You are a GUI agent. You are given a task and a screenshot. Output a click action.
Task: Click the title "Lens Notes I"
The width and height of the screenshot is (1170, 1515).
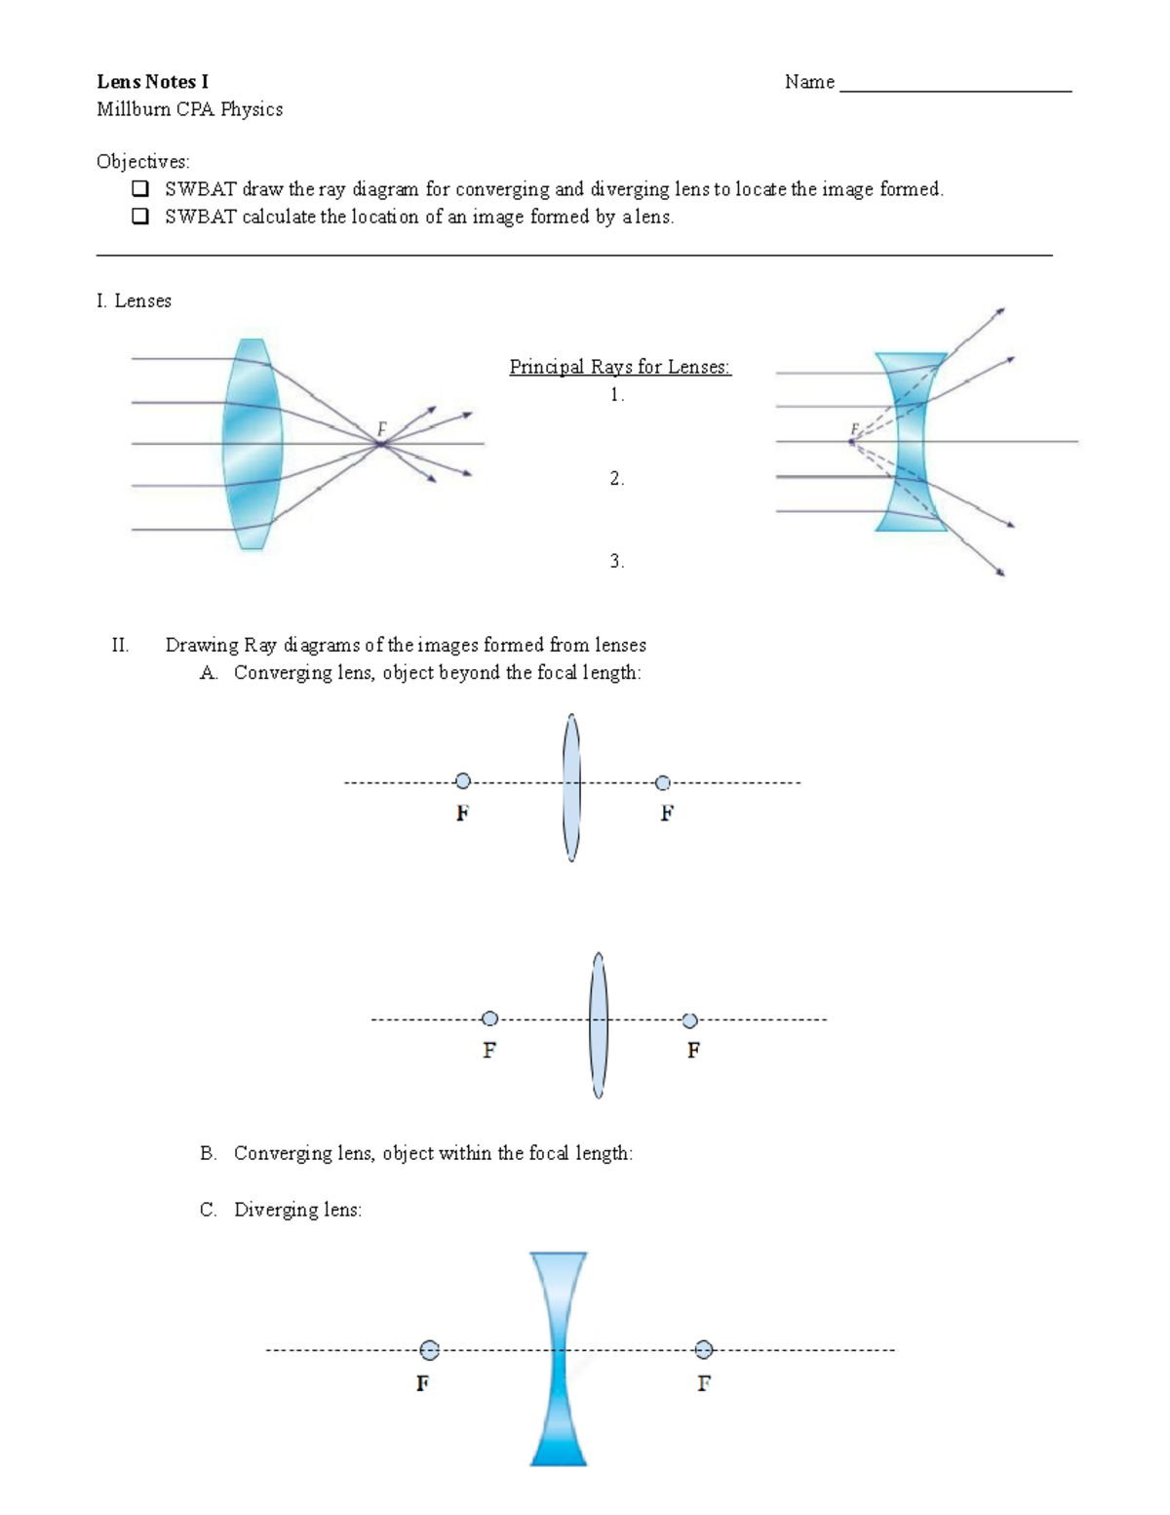pyautogui.click(x=152, y=82)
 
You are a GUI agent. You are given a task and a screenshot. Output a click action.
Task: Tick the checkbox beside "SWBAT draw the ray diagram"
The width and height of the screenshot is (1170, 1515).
pyautogui.click(x=141, y=188)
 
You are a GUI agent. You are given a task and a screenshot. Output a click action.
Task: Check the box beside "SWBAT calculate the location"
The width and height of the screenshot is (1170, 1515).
pyautogui.click(x=141, y=217)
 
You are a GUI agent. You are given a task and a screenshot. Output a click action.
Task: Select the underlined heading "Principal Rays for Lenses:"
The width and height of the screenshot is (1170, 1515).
pyautogui.click(x=620, y=367)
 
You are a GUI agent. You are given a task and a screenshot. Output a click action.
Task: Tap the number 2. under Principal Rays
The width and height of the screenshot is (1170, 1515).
pyautogui.click(x=616, y=478)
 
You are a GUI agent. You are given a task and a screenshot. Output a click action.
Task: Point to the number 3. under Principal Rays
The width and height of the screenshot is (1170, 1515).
pyautogui.click(x=616, y=561)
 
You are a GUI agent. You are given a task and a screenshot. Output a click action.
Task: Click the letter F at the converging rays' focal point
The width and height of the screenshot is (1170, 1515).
pyautogui.click(x=381, y=428)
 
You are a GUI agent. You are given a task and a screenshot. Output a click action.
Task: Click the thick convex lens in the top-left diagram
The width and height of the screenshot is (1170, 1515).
pyautogui.click(x=253, y=444)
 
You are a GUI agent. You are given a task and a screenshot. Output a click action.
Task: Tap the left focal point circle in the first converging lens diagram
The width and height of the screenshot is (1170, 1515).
pyautogui.click(x=463, y=780)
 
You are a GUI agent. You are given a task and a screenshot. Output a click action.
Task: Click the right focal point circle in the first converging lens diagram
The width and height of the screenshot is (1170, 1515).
pyautogui.click(x=663, y=782)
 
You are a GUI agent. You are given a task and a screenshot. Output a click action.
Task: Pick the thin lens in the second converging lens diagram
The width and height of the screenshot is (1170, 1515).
pyautogui.click(x=599, y=1024)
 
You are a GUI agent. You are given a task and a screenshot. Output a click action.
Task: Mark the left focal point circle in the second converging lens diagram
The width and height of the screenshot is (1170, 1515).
pyautogui.click(x=490, y=1018)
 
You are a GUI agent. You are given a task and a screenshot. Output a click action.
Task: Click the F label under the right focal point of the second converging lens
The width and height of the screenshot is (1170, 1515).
pyautogui.click(x=693, y=1051)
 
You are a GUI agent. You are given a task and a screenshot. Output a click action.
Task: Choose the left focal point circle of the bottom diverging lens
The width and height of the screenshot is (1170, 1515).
pyautogui.click(x=429, y=1350)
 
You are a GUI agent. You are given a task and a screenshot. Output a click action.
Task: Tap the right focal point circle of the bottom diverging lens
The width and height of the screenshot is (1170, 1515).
pyautogui.click(x=704, y=1350)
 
